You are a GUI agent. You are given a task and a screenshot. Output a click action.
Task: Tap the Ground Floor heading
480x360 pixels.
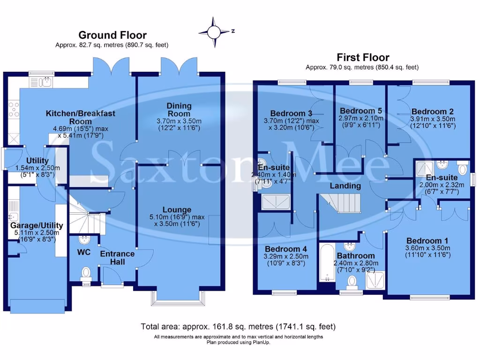pyautogui.click(x=112, y=35)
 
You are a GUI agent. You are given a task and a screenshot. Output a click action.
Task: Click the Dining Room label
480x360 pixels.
pyautogui.click(x=179, y=110)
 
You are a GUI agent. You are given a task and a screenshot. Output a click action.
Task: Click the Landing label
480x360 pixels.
pyautogui.click(x=345, y=186)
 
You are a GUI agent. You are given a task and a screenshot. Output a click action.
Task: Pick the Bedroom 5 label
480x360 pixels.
pyautogui.click(x=361, y=111)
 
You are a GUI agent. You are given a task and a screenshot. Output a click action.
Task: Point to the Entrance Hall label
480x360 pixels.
pyautogui.click(x=117, y=257)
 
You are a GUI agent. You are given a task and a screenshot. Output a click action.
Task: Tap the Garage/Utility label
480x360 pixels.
pyautogui.click(x=37, y=225)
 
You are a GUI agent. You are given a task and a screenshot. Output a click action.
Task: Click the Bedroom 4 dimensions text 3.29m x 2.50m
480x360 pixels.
pyautogui.click(x=286, y=256)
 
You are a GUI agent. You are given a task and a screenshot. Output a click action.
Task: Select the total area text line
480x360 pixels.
pyautogui.click(x=238, y=326)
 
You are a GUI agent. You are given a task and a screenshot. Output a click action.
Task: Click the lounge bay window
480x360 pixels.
pyautogui.click(x=179, y=297)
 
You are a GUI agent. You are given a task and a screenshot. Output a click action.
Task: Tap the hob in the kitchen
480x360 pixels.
pyautogui.click(x=13, y=109)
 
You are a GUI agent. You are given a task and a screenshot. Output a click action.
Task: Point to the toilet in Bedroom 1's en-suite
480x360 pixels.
pyautogui.click(x=462, y=168)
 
